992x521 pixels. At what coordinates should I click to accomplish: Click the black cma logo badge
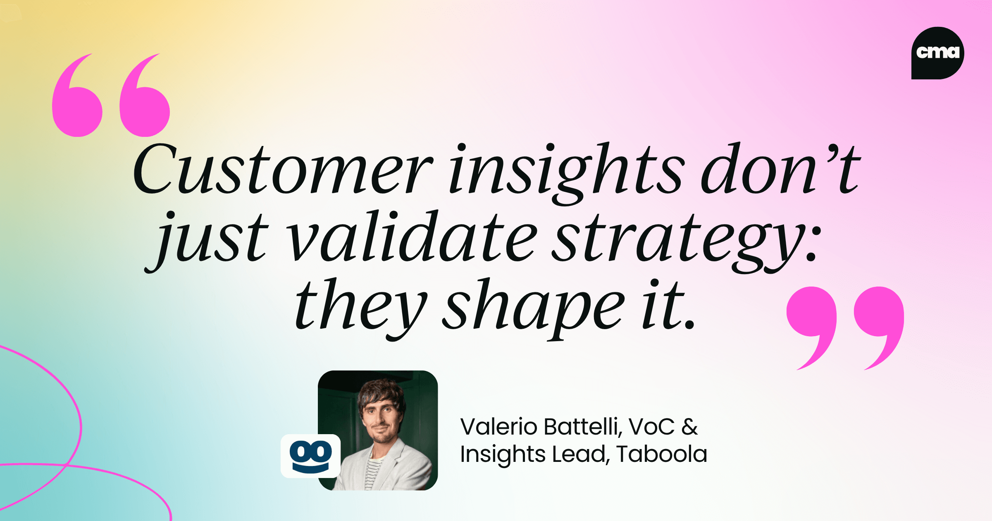(937, 53)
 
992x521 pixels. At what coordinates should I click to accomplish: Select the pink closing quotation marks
(845, 327)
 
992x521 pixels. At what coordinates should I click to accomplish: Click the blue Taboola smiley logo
(311, 456)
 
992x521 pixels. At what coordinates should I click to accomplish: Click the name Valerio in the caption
(499, 427)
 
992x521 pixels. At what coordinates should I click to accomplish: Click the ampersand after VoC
(689, 427)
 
